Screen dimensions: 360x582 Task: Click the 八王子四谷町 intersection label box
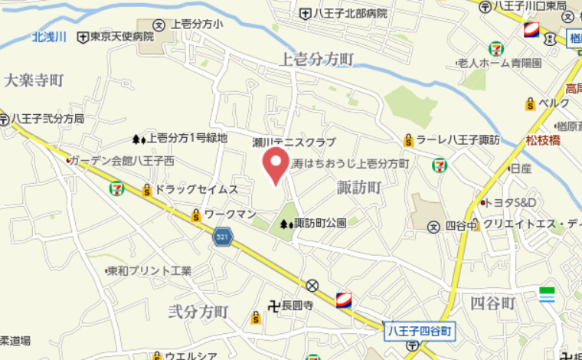[419, 331]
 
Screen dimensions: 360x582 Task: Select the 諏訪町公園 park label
[320, 224]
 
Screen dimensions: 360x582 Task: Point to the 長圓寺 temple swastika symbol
[273, 306]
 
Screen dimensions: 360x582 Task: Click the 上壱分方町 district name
[317, 59]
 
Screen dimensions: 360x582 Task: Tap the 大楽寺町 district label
[33, 80]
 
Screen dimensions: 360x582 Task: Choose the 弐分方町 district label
[198, 312]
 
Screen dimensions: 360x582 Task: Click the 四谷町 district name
[493, 303]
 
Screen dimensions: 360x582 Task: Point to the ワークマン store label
[229, 214]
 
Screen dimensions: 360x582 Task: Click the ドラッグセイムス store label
[196, 188]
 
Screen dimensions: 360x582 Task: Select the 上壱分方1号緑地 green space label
[187, 139]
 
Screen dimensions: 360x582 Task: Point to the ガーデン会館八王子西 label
[122, 161]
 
